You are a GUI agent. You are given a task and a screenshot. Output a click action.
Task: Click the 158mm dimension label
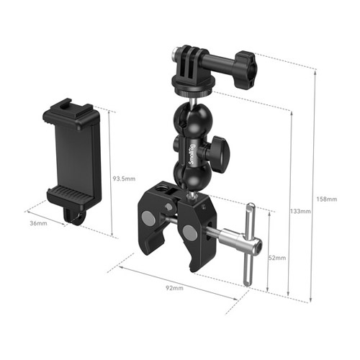326,199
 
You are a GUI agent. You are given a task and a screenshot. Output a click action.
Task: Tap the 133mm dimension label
300,211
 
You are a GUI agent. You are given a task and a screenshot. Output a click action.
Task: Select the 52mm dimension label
277,258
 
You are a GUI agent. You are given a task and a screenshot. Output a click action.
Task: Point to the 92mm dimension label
175,288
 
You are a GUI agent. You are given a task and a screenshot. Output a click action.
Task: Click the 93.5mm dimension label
124,179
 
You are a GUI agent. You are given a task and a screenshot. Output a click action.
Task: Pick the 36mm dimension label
38,223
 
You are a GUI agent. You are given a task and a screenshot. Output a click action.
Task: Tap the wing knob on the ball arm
220,153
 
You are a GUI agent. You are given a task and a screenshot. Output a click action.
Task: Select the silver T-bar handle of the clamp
250,244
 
